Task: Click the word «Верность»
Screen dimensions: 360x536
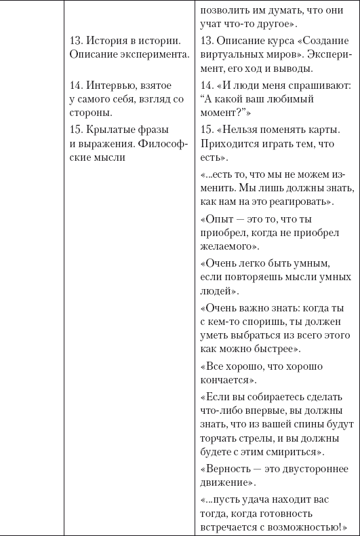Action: (x=228, y=469)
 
